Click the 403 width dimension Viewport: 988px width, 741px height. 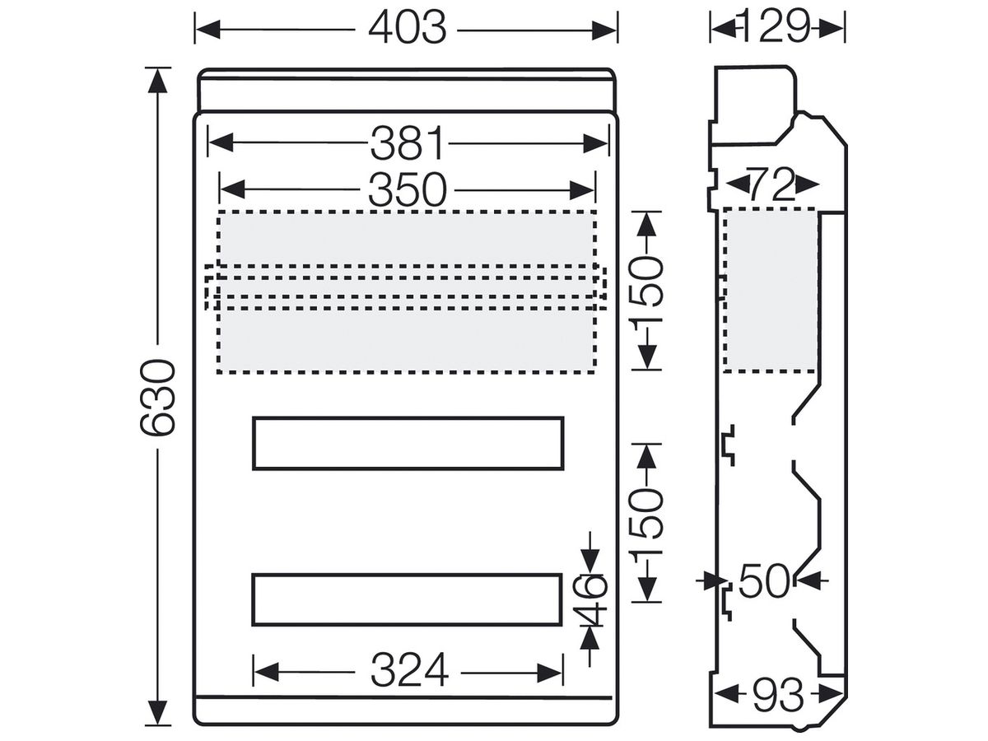[408, 28]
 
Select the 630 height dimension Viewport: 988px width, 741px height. [156, 398]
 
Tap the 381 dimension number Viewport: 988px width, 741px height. [408, 143]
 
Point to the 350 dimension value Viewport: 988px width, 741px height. [408, 190]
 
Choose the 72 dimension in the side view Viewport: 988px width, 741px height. [771, 184]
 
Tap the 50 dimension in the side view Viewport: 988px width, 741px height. [764, 580]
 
